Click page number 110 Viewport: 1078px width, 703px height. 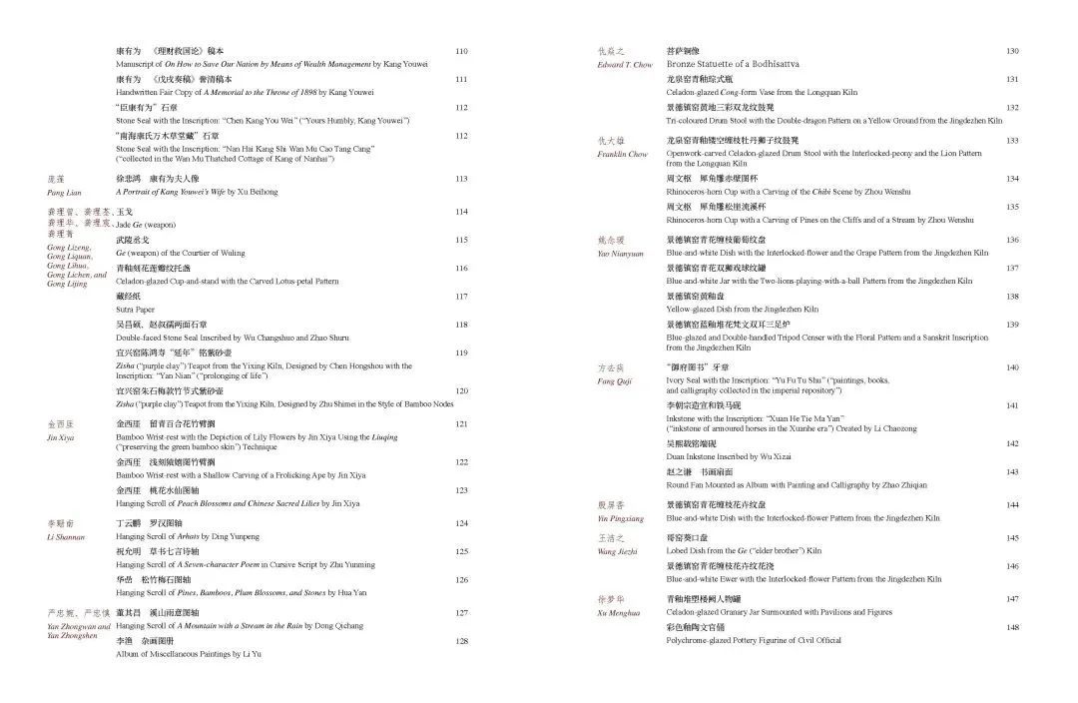pyautogui.click(x=461, y=52)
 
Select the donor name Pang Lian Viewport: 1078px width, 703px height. pyautogui.click(x=64, y=192)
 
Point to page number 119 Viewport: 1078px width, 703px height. pyautogui.click(x=461, y=353)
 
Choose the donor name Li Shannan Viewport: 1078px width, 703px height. pyautogui.click(x=66, y=537)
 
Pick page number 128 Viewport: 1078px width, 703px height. pyautogui.click(x=461, y=641)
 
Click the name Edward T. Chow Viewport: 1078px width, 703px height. pyautogui.click(x=625, y=65)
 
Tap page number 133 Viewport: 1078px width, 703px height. pyautogui.click(x=1012, y=141)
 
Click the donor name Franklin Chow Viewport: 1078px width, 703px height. pyautogui.click(x=623, y=155)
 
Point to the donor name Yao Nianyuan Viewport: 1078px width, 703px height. pyautogui.click(x=621, y=254)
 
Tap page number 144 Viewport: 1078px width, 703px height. pyautogui.click(x=1012, y=505)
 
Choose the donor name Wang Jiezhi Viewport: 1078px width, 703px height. pyautogui.click(x=619, y=551)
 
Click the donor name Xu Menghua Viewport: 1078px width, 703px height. pyautogui.click(x=619, y=613)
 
